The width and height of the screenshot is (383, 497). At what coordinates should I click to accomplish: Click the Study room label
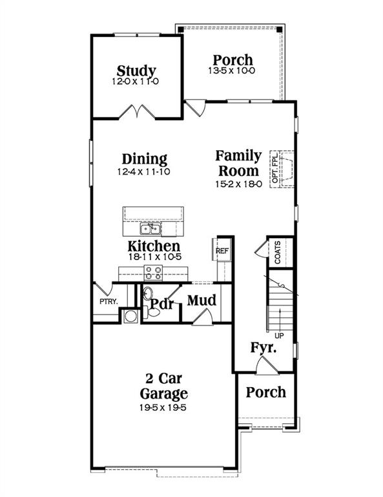click(136, 71)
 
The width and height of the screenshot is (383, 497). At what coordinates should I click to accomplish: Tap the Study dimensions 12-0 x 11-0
click(136, 82)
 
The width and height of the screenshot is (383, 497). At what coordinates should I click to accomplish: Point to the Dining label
click(145, 159)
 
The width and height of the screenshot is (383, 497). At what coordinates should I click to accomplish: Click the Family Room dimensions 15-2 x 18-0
click(238, 184)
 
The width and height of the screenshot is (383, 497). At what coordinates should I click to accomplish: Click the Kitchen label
click(153, 246)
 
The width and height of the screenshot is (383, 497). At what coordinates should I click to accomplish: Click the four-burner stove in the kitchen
click(152, 272)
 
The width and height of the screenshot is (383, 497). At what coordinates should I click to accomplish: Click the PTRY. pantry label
click(107, 302)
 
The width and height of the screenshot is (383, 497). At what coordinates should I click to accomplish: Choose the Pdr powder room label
click(163, 303)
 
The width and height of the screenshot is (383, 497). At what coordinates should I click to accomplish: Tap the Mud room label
click(201, 300)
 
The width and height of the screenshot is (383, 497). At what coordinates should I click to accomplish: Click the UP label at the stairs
click(279, 336)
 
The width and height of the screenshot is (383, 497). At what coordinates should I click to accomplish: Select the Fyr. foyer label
click(264, 349)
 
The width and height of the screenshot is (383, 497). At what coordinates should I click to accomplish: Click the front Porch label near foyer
click(265, 392)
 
